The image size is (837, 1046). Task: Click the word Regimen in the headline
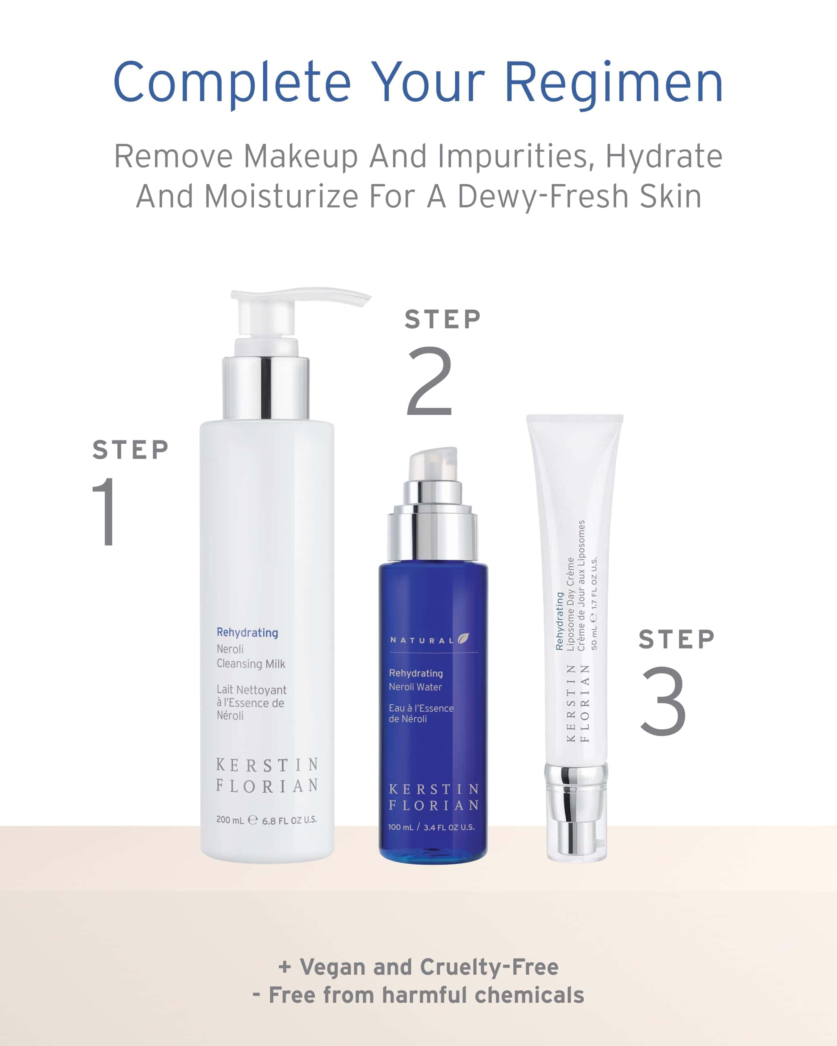[x=614, y=83]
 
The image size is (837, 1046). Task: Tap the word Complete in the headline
[x=232, y=83]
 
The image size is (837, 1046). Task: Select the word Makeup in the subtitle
[x=300, y=157]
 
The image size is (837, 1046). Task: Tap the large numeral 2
[x=430, y=381]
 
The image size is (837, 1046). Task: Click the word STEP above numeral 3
[x=676, y=639]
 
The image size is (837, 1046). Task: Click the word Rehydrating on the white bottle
[x=247, y=633]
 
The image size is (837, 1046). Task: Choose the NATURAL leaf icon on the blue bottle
[x=463, y=639]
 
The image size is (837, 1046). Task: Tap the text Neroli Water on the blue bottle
[x=415, y=687]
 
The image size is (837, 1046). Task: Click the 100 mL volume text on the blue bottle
[x=401, y=827]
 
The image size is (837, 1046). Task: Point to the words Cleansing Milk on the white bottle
[x=251, y=664]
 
